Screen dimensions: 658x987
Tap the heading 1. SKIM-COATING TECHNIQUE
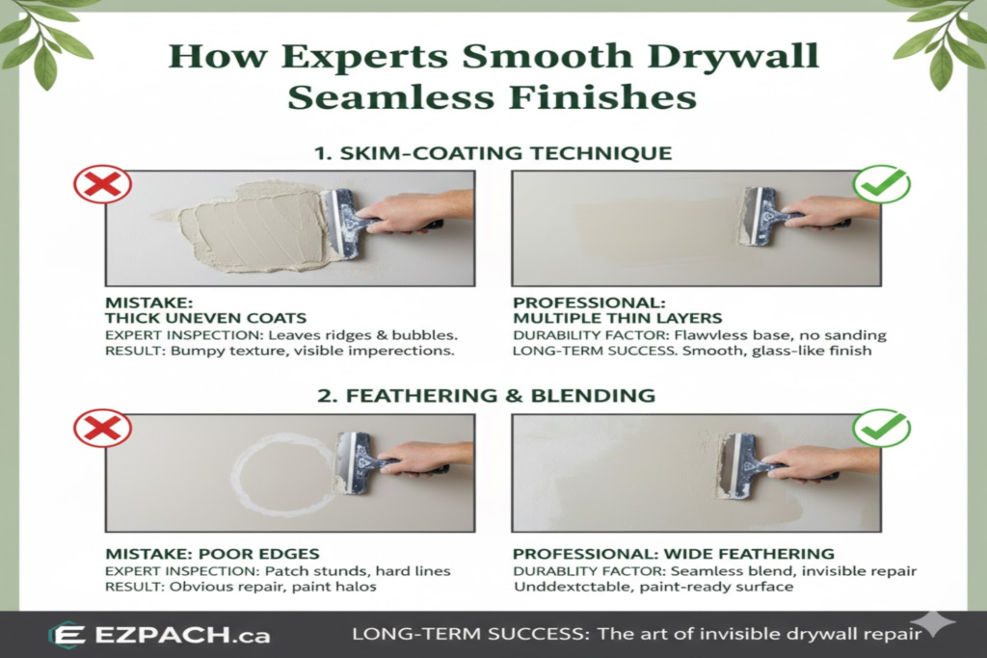(x=493, y=153)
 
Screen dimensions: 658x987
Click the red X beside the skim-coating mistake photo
(x=102, y=183)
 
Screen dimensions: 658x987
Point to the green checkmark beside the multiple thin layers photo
(x=881, y=183)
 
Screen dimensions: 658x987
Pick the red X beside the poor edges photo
(x=102, y=427)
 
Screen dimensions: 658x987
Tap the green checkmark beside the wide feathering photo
(x=881, y=427)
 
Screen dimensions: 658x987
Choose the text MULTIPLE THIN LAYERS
(x=617, y=318)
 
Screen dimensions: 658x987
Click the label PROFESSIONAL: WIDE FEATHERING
(x=673, y=554)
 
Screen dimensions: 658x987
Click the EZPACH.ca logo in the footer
(x=159, y=635)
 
